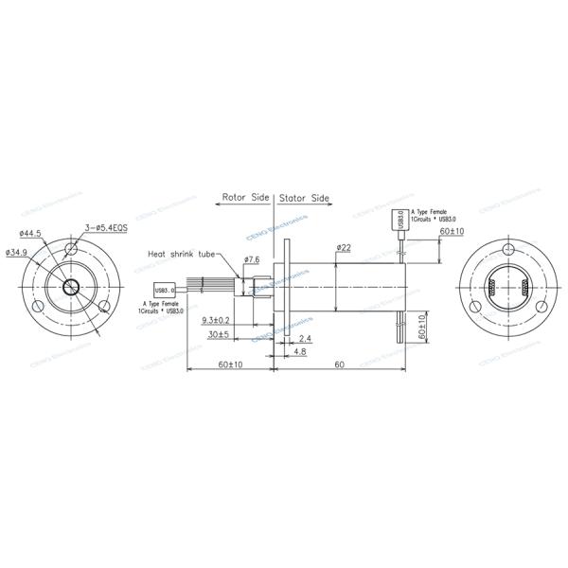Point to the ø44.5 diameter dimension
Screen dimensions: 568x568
point(31,233)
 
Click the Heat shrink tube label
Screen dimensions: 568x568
point(182,255)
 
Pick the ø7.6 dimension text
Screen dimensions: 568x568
point(252,259)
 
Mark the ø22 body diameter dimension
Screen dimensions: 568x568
point(343,248)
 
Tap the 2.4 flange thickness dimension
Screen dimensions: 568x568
point(305,339)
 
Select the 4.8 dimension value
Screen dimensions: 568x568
point(296,352)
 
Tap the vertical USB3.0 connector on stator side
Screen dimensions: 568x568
point(401,221)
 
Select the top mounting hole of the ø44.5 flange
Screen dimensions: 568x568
point(72,251)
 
